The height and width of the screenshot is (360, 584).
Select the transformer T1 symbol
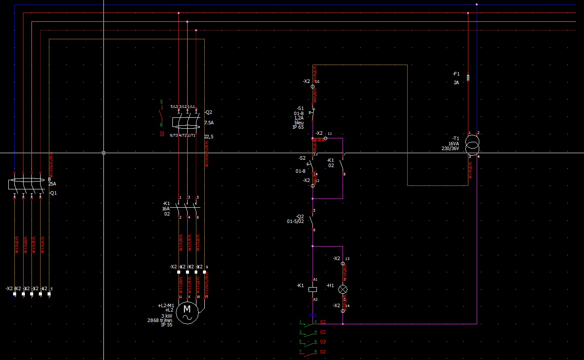pos(472,144)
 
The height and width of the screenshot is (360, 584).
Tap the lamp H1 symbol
pos(343,289)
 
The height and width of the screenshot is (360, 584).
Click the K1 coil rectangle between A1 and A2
pos(313,289)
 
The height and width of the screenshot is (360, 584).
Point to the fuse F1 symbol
pos(468,78)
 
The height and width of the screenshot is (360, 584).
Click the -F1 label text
pos(456,74)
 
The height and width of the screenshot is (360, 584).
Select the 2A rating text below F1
pos(456,82)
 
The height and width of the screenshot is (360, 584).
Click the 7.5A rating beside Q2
pos(209,123)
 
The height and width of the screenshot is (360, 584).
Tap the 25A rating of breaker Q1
pos(52,184)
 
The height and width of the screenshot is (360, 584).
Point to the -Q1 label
pos(53,193)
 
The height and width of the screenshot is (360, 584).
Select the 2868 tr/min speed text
pos(160,320)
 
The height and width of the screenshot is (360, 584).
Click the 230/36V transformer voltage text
pos(450,148)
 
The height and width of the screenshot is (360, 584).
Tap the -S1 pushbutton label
pos(300,108)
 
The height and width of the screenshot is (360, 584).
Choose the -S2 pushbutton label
pos(302,158)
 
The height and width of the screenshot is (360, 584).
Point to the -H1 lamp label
pos(330,285)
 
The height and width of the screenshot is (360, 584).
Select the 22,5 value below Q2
pos(209,137)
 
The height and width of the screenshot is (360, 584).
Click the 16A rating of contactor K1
pos(166,209)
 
